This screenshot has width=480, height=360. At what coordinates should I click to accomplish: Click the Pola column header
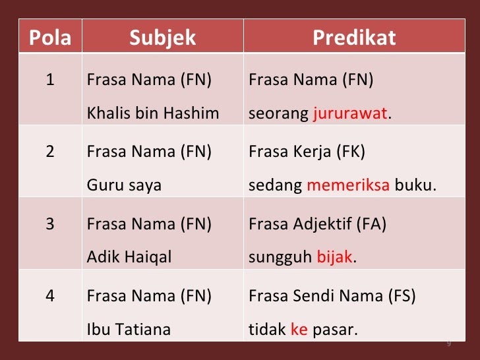pos(50,38)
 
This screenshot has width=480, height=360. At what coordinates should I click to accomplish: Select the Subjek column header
pos(163,38)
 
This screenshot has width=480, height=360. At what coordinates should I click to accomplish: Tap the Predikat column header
pos(354,38)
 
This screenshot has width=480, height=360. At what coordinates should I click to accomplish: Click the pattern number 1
pos(50,80)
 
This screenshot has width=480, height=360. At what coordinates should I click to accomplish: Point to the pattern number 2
pos(50,152)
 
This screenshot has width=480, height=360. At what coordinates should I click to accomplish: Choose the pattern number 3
pos(50,224)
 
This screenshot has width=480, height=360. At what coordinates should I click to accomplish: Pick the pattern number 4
pos(50,296)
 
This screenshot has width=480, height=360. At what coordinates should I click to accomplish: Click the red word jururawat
pos(350,113)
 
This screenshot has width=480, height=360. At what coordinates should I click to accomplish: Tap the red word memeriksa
pos(348,185)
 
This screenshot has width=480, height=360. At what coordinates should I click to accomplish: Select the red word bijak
pos(334,256)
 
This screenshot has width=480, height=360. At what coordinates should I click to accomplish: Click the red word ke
pos(299,330)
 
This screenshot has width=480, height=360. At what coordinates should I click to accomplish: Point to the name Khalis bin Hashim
pos(153,113)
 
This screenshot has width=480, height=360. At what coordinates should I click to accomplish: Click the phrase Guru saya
pos(124,185)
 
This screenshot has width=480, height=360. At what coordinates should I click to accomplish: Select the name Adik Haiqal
pos(129,257)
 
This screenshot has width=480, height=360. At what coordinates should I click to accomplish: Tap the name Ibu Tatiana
pos(129,330)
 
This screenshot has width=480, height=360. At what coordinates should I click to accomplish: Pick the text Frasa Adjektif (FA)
pos(317,224)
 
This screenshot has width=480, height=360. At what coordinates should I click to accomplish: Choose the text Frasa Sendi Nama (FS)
pos(332,296)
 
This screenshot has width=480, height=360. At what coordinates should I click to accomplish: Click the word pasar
pos(335,330)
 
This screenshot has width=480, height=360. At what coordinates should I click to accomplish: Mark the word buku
pos(415,185)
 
